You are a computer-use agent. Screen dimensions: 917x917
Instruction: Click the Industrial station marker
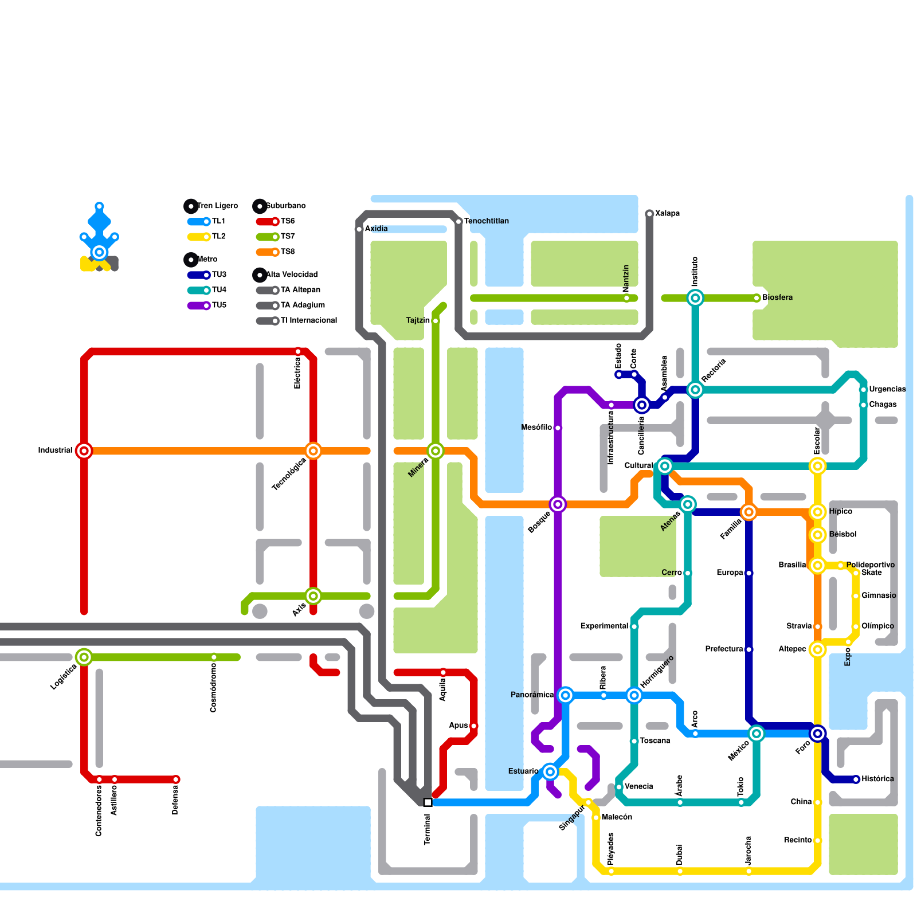coord(84,451)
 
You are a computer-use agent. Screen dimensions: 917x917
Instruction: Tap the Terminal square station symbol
coord(428,802)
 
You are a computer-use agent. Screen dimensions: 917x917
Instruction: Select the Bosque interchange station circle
coord(558,504)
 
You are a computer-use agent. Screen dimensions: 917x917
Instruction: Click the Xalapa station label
coord(667,214)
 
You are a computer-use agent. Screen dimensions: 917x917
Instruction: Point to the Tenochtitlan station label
coord(486,221)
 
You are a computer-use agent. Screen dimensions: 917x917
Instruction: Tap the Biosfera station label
coord(777,297)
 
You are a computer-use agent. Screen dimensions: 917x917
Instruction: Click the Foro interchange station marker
coord(818,734)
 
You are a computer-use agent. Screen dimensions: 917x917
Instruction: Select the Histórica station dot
coord(856,779)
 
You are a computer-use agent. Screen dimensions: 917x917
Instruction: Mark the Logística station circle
coord(84,657)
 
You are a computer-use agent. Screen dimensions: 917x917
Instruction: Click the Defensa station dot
coord(176,779)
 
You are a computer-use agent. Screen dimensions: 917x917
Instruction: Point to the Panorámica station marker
coord(566,695)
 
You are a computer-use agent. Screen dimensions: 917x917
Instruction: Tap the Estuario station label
coord(523,771)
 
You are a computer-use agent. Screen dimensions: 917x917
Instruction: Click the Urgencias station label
coord(887,390)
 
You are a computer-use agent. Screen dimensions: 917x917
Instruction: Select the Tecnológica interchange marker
coord(313,451)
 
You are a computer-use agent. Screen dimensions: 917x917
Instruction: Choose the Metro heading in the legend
coord(207,260)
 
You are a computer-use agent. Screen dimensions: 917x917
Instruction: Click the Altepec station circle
coord(818,649)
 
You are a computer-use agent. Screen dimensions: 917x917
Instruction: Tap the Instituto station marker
coord(695,298)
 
